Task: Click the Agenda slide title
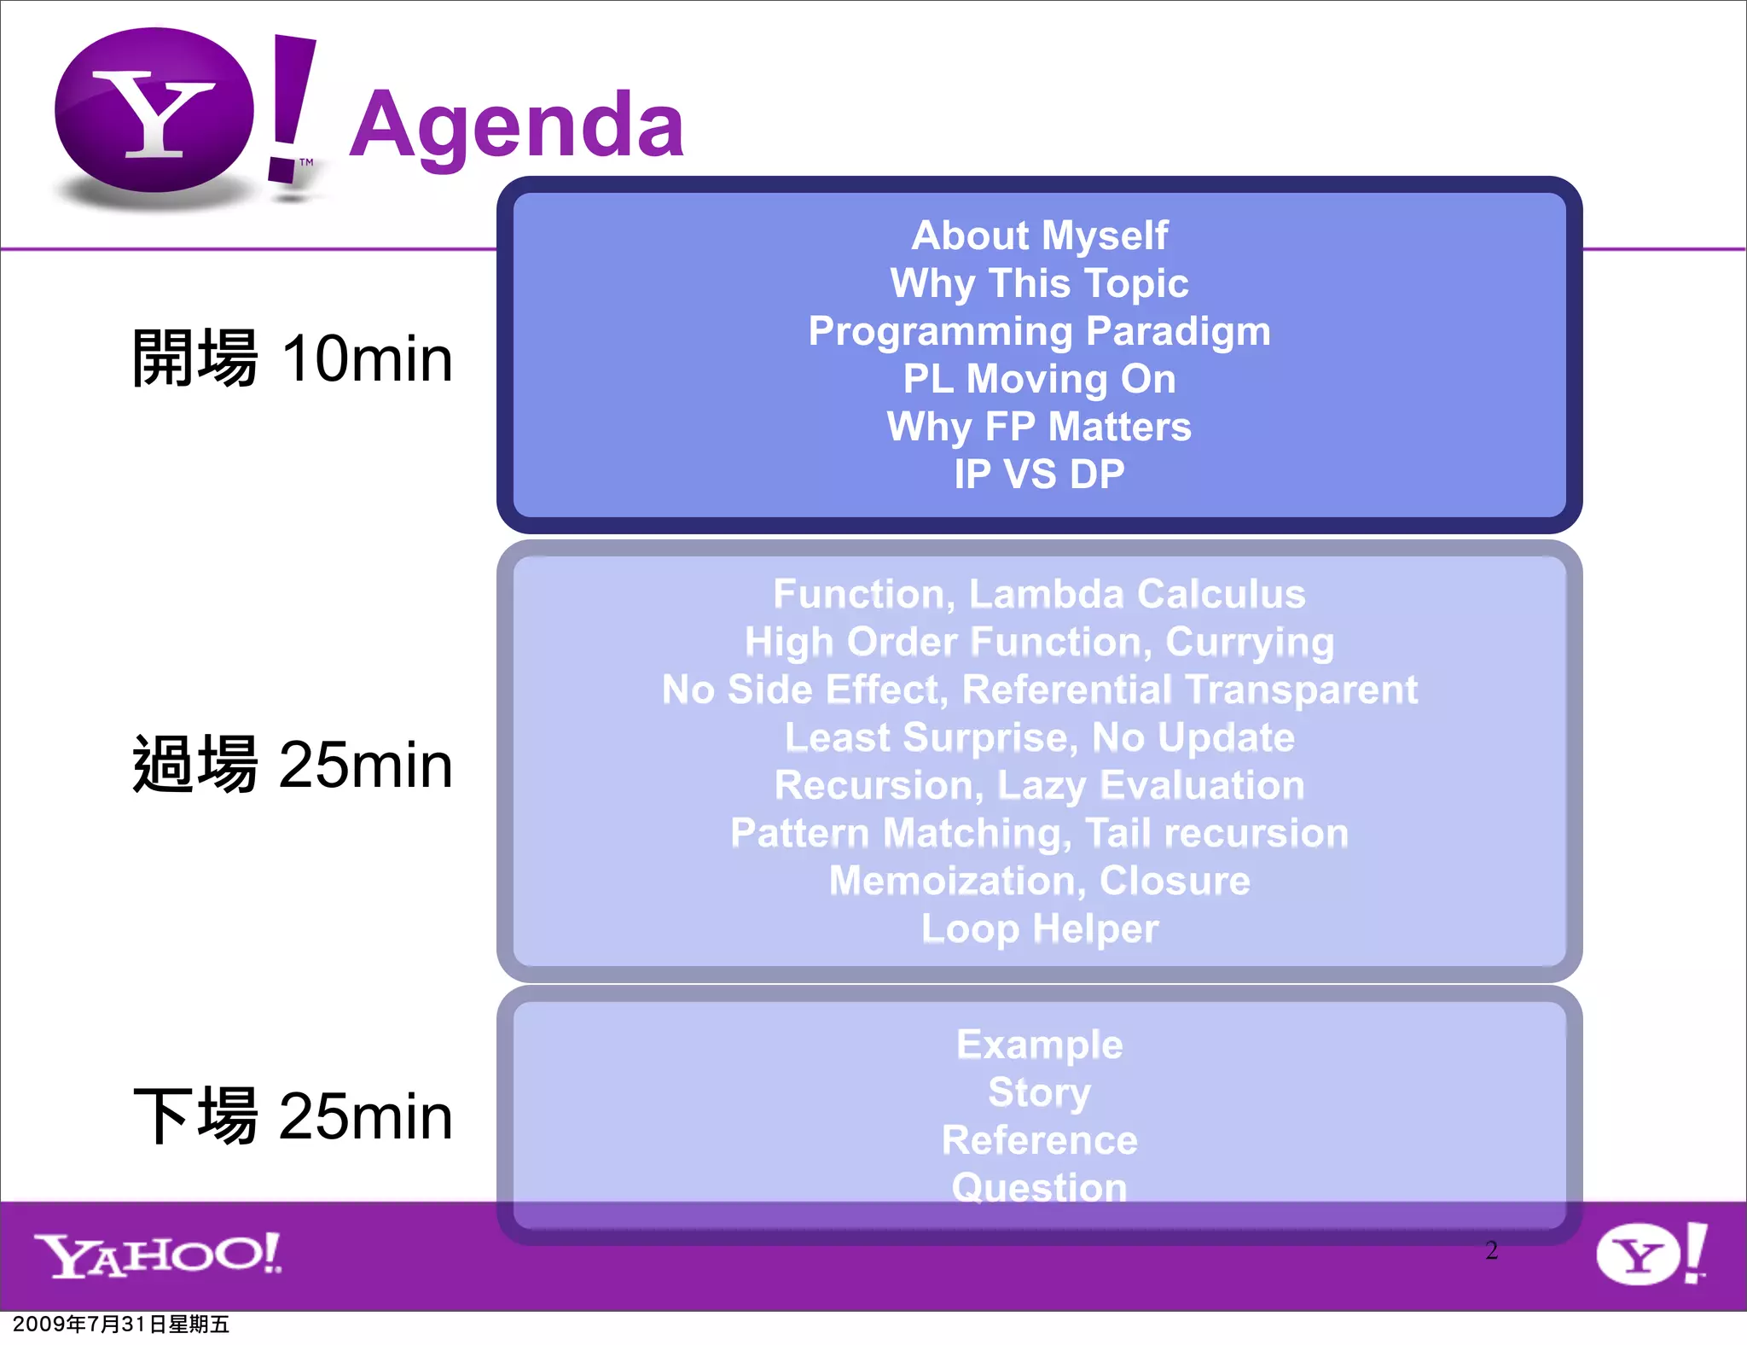(516, 126)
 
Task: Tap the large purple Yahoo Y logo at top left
(154, 111)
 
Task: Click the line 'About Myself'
(1039, 236)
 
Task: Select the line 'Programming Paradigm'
(1039, 331)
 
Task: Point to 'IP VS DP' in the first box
(1039, 475)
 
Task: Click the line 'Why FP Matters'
(1039, 427)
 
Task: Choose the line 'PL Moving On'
(1039, 379)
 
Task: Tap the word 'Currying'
(1249, 643)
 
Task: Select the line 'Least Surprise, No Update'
(1039, 737)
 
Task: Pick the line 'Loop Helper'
(1039, 929)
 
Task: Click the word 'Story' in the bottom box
(1039, 1092)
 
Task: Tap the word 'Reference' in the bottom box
(1039, 1140)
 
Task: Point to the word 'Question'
(1039, 1188)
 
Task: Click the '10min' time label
(367, 358)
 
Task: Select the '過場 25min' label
(292, 765)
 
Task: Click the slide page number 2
(1491, 1250)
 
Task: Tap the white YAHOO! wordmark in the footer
(158, 1255)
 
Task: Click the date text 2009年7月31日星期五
(121, 1324)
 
